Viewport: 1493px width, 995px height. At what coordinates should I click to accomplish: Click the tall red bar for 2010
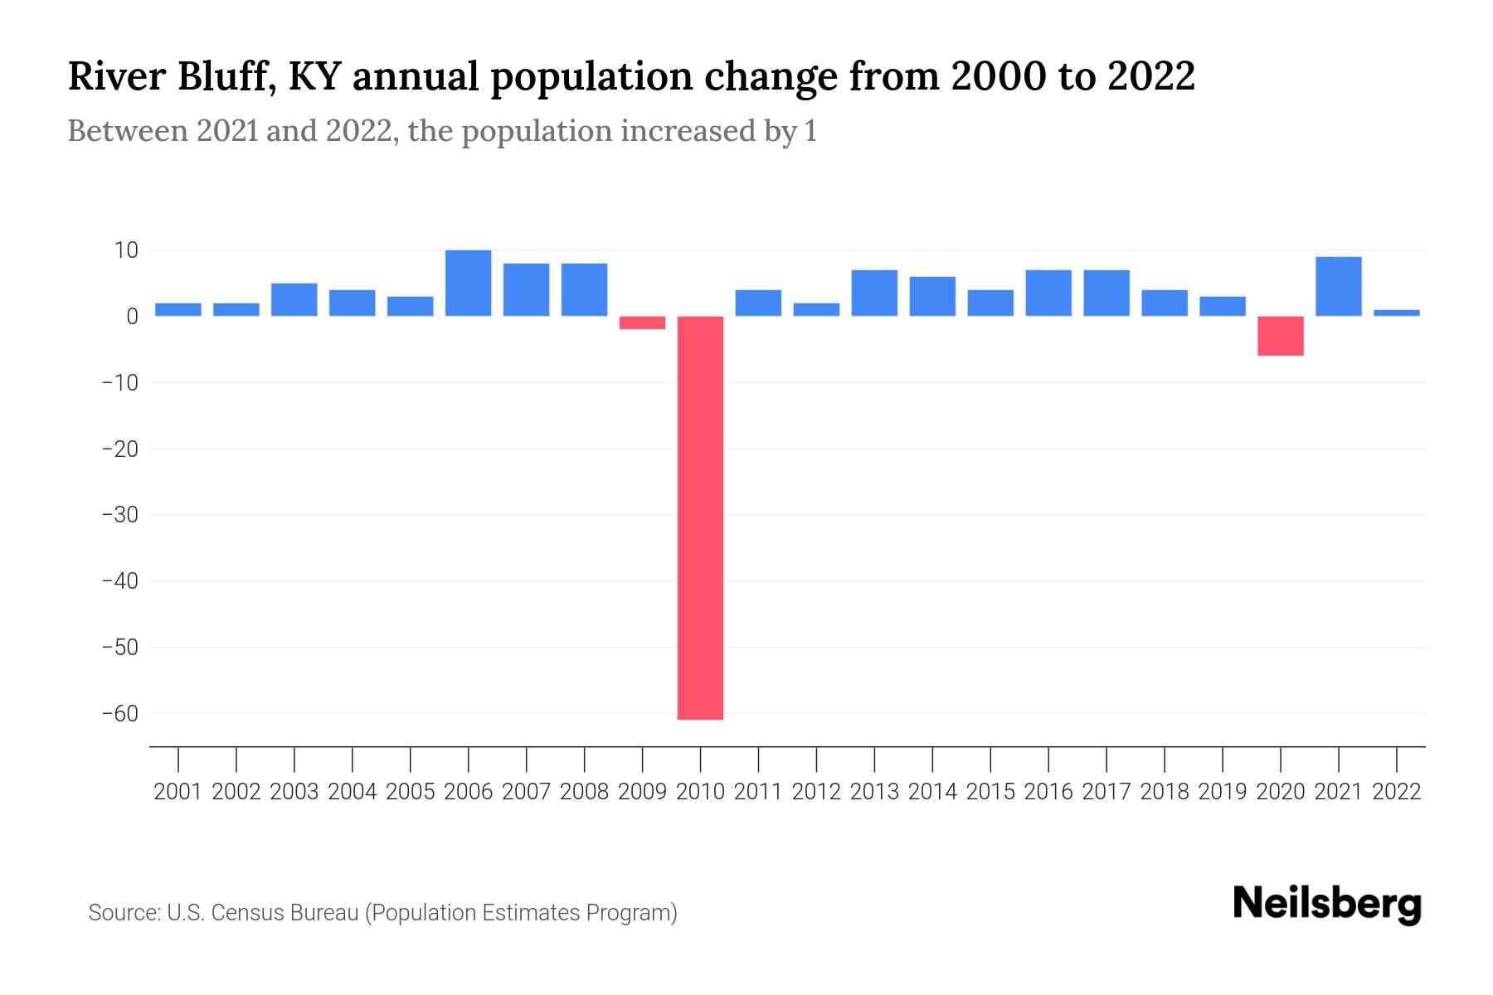700,517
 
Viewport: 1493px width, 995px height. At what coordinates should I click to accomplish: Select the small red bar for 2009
642,323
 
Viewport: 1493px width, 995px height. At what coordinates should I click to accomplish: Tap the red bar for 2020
1280,336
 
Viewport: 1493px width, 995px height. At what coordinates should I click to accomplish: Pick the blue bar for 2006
468,283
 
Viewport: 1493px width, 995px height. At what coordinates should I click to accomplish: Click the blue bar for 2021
1338,286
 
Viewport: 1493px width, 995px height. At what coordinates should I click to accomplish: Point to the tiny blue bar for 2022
1396,313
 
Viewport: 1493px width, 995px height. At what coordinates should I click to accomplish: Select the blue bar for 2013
874,293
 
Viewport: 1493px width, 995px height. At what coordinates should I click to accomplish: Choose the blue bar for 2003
294,299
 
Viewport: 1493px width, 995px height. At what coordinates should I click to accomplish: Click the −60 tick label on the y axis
119,713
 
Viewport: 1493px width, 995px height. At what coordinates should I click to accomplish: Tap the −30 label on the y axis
119,514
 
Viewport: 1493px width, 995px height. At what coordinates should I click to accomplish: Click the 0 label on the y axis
132,316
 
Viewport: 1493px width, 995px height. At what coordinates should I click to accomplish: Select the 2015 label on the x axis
990,792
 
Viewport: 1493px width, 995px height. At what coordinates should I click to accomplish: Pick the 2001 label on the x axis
178,792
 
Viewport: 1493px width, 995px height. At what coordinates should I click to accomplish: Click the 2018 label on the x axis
1164,792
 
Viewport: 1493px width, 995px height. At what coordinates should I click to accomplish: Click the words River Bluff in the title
170,77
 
